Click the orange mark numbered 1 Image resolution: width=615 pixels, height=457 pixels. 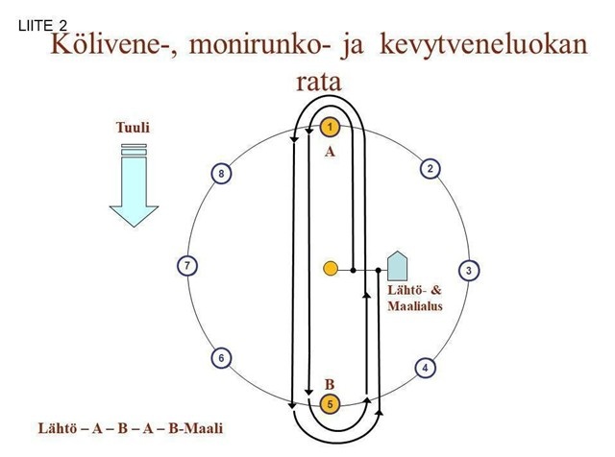click(x=330, y=127)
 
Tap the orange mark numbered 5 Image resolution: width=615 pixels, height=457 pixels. click(x=329, y=404)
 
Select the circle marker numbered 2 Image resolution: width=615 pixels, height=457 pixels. click(x=431, y=169)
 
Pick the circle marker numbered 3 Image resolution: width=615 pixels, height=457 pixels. click(x=468, y=270)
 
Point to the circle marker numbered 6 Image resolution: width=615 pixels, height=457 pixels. click(x=221, y=358)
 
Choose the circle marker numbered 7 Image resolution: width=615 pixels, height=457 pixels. click(x=190, y=265)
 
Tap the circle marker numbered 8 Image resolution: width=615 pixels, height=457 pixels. click(x=221, y=174)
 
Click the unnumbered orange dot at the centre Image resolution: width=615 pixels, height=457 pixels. click(x=330, y=269)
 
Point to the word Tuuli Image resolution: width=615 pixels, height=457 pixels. click(x=133, y=128)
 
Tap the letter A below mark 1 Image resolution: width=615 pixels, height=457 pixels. click(x=329, y=152)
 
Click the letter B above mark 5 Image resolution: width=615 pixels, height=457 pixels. click(x=329, y=383)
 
